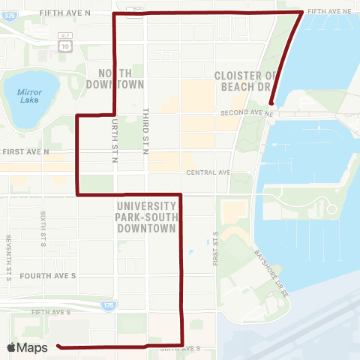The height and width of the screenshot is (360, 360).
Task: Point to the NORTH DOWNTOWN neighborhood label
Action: pos(120,78)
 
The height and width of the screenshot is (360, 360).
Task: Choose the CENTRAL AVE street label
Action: pos(208,172)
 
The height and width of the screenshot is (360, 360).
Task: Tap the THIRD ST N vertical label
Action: pos(147,132)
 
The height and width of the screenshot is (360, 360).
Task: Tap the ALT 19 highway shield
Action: pos(64,46)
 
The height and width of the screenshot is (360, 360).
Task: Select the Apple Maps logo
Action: pos(28,347)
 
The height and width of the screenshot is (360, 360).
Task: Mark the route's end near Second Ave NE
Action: pos(271,104)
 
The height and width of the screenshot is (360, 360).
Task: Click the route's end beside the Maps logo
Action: pos(58,347)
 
